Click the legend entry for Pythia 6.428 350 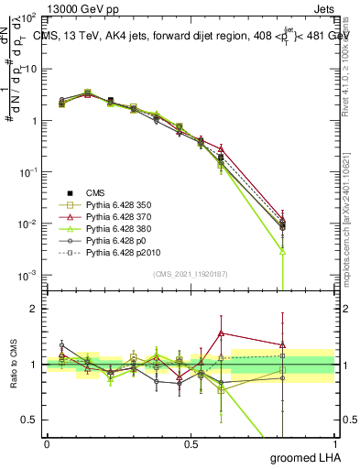click(114, 204)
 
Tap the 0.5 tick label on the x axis click(191, 443)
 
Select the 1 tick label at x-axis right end click(336, 443)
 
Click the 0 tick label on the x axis click(47, 443)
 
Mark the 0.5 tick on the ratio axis click(30, 420)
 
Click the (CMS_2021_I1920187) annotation click(191, 273)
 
